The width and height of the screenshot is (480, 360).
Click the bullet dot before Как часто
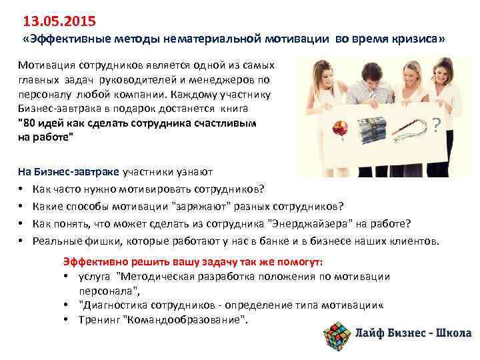tap(21, 189)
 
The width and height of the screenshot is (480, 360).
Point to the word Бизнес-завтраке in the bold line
tap(67, 171)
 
